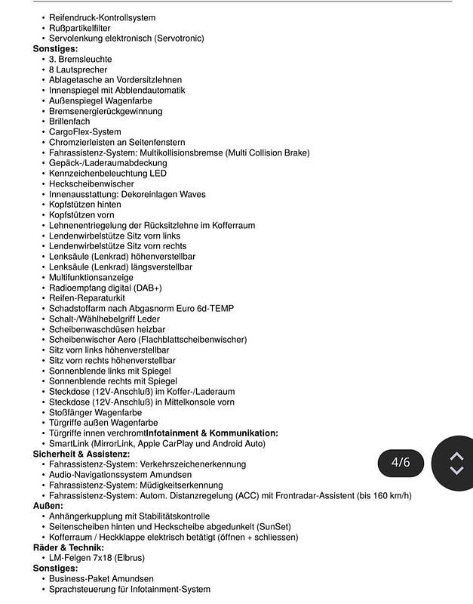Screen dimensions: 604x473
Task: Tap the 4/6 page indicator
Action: pos(401,462)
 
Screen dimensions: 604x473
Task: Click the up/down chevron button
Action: pos(456,463)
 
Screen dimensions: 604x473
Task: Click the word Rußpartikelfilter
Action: pos(80,28)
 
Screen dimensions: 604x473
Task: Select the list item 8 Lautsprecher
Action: pos(79,69)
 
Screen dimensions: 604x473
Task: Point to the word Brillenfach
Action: pos(69,122)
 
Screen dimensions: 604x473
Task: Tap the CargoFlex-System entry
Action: pos(85,132)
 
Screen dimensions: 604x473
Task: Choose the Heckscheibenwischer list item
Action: pos(91,183)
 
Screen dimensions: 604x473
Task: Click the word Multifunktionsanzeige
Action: pos(91,277)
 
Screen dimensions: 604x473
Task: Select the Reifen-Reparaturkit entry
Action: pos(87,298)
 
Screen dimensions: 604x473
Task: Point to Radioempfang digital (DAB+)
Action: pos(106,288)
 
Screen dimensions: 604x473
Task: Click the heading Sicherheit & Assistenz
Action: pos(81,455)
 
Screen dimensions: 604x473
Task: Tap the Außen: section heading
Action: pos(48,506)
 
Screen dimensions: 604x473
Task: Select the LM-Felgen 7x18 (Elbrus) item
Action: pos(97,558)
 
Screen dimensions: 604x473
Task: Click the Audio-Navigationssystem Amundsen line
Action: pos(120,475)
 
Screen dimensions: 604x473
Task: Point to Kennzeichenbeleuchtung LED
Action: pos(108,173)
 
